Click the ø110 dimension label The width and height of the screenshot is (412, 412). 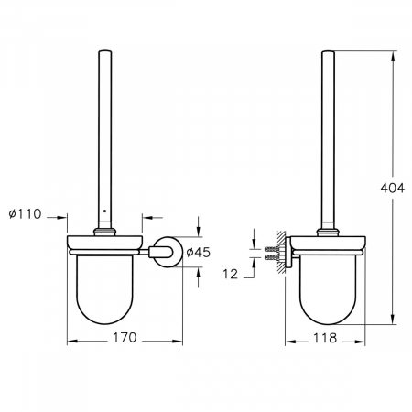click(x=25, y=214)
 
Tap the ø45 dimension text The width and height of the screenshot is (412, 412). click(x=199, y=252)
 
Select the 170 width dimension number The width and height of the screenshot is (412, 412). click(x=125, y=338)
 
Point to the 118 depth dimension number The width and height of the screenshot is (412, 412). click(x=325, y=338)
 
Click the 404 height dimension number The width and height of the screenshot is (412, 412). click(x=393, y=188)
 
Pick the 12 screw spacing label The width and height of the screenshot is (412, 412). click(x=230, y=274)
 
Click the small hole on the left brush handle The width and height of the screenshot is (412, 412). click(x=104, y=211)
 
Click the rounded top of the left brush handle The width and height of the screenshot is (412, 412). click(x=105, y=50)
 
